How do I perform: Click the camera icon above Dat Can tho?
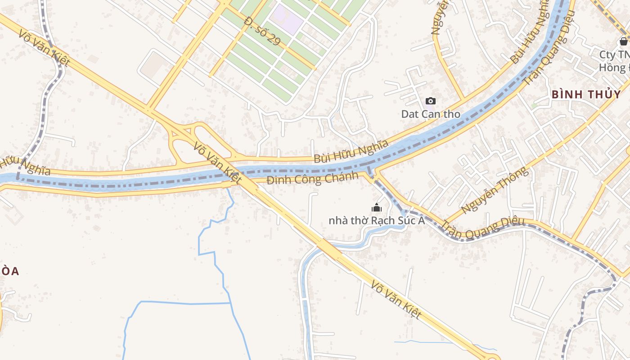[431, 101]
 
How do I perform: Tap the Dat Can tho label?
[431, 114]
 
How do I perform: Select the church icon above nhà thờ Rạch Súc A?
[376, 207]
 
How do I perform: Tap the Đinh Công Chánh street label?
[312, 179]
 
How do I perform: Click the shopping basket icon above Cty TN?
[623, 41]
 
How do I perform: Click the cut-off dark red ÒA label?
[9, 271]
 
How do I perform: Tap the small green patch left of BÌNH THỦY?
[534, 105]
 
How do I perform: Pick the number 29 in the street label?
[273, 40]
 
